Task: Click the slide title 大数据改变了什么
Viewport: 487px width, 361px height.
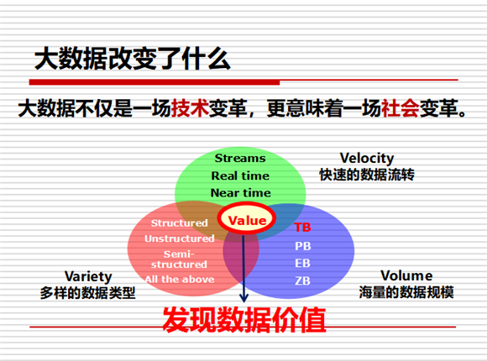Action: click(x=133, y=59)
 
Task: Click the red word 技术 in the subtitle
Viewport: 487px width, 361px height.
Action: click(x=190, y=108)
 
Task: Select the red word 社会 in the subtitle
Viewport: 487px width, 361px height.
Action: click(x=400, y=108)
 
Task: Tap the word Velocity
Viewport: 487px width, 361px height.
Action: click(x=367, y=159)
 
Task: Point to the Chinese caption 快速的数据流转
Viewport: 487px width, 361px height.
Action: click(x=367, y=175)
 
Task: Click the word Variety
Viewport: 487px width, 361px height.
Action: click(x=88, y=276)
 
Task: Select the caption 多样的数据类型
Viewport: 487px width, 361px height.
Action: click(x=87, y=293)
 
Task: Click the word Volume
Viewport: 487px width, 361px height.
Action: click(x=406, y=275)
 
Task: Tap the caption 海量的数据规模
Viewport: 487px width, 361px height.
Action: click(x=406, y=292)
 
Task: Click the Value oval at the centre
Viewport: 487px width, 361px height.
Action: click(x=247, y=219)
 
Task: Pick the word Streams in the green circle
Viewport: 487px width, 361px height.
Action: click(x=240, y=158)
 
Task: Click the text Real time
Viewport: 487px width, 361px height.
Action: click(x=240, y=175)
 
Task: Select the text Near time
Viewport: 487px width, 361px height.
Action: click(x=241, y=193)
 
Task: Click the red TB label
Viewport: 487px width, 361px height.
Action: click(x=302, y=228)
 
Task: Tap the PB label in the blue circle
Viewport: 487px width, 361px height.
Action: click(x=303, y=246)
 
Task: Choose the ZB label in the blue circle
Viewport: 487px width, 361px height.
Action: click(x=303, y=281)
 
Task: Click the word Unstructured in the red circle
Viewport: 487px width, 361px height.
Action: click(x=180, y=238)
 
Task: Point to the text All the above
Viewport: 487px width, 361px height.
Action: click(x=180, y=280)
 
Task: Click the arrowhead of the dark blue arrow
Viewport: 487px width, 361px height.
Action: click(x=243, y=298)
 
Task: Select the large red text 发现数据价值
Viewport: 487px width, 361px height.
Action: click(x=244, y=320)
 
